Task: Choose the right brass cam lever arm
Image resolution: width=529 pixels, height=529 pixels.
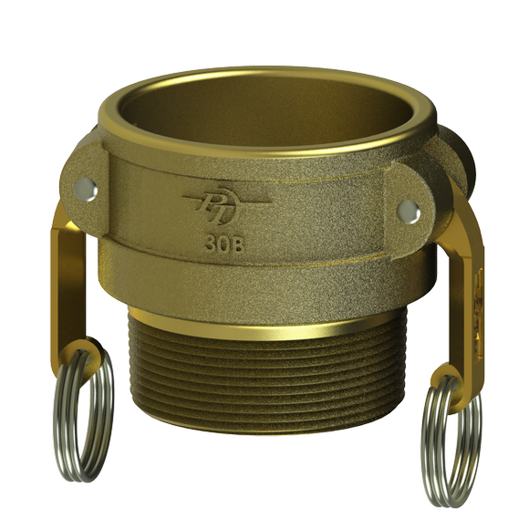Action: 465,283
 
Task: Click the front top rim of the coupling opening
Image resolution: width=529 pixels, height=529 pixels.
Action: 264,146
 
